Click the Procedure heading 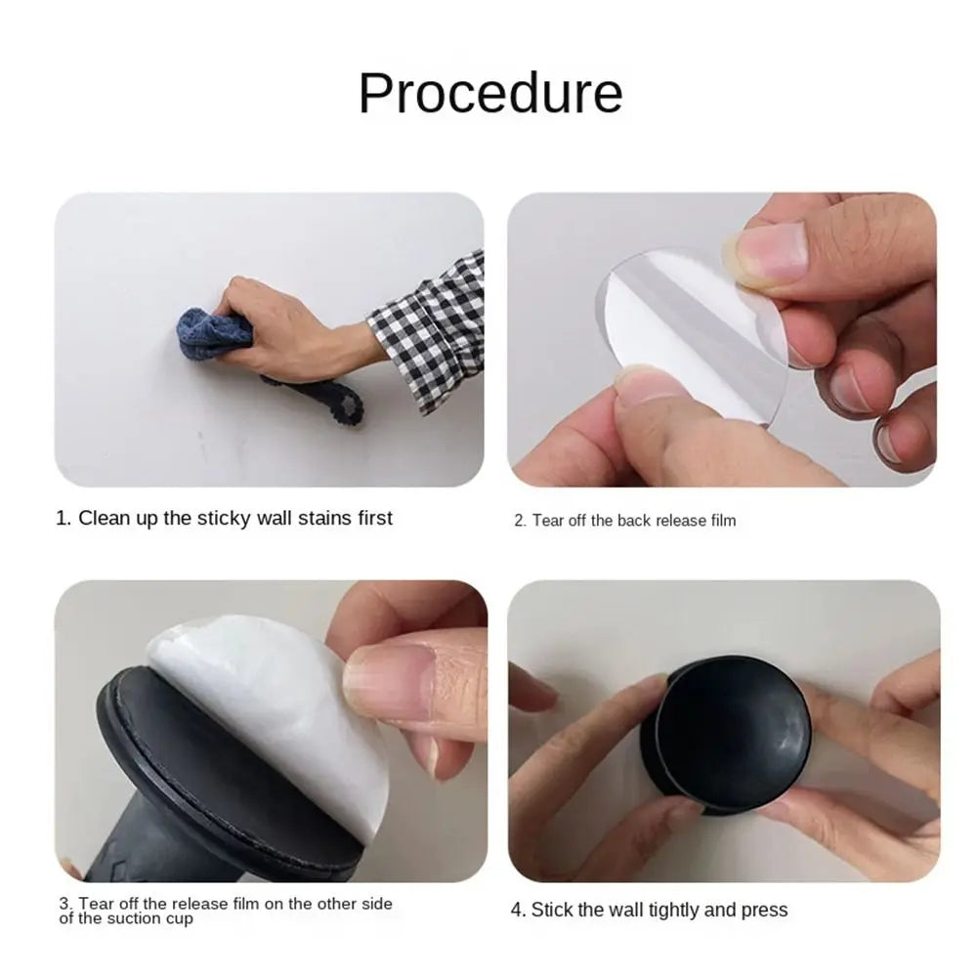(x=489, y=93)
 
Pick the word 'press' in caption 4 (x=764, y=910)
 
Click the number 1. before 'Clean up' (x=64, y=518)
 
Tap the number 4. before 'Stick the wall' (x=519, y=910)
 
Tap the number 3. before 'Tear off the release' (x=65, y=905)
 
